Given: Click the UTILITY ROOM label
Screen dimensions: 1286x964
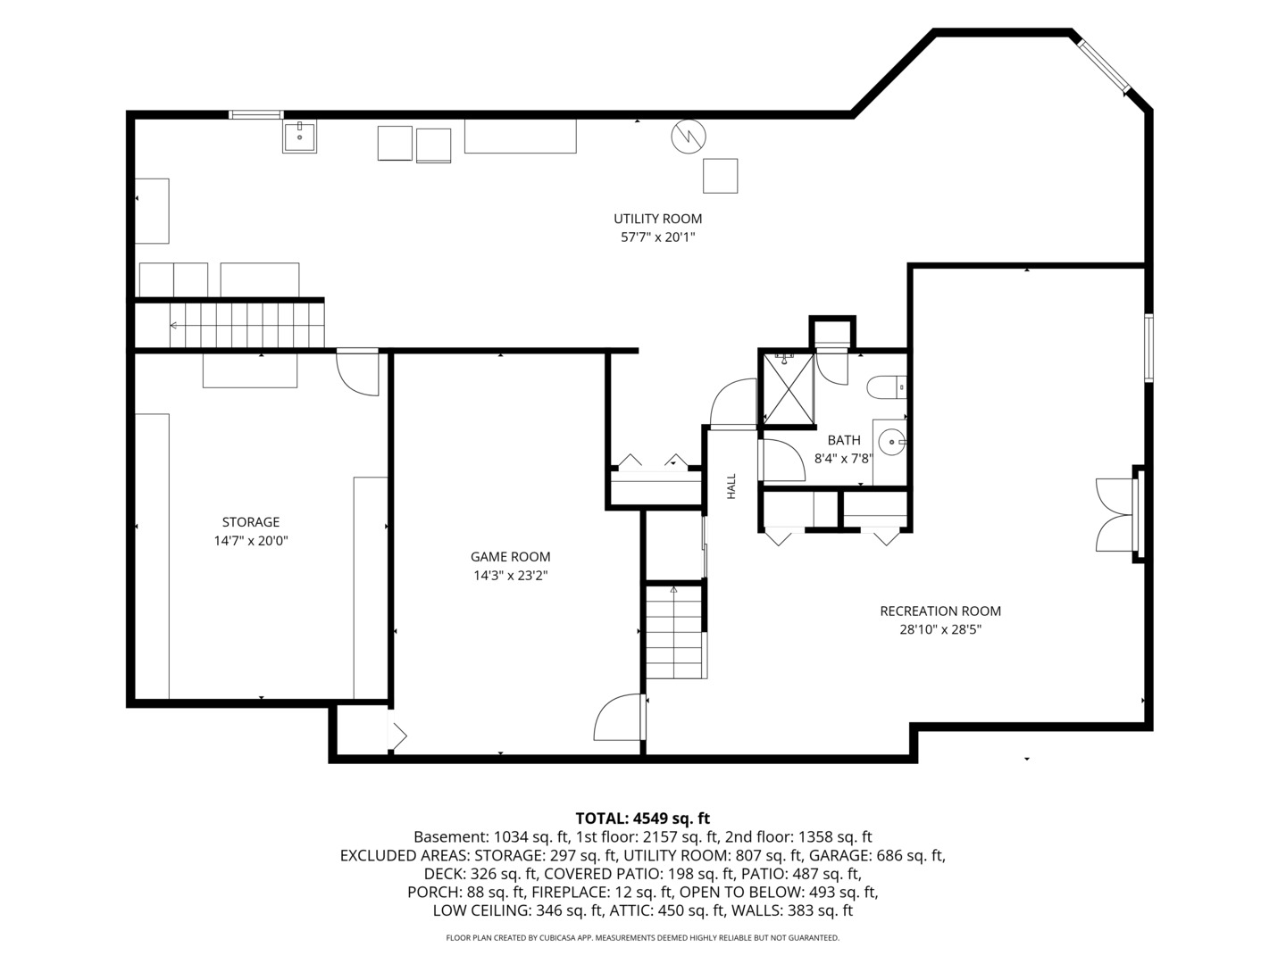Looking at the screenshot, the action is click(x=657, y=219).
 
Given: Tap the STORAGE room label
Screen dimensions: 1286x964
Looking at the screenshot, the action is click(x=251, y=522).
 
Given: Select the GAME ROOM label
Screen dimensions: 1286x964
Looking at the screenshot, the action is click(x=510, y=557).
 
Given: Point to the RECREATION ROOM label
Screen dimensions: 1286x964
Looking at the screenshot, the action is click(x=940, y=611).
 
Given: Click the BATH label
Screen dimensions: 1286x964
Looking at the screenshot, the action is click(x=844, y=440).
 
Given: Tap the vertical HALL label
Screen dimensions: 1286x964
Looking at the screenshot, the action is click(x=731, y=486).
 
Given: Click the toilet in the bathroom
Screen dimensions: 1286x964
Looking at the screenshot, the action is click(x=887, y=387).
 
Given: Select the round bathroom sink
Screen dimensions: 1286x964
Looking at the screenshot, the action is click(x=892, y=442).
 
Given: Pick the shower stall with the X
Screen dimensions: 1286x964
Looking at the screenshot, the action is click(x=788, y=388).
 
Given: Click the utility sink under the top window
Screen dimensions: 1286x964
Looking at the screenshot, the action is click(x=299, y=137).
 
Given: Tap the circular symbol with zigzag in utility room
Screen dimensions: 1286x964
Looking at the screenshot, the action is click(x=689, y=137).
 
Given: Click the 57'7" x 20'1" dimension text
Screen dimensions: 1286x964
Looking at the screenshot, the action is click(x=657, y=237).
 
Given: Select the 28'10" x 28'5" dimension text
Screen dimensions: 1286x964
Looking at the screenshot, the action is click(x=940, y=630).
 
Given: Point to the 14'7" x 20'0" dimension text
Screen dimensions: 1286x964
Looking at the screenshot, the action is click(x=251, y=541).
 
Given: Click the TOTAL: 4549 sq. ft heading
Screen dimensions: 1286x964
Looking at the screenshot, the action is click(x=642, y=819).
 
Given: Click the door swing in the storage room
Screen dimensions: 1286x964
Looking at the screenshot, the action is click(x=357, y=372).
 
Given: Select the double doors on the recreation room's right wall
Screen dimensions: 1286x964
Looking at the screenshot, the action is click(x=1116, y=515).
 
